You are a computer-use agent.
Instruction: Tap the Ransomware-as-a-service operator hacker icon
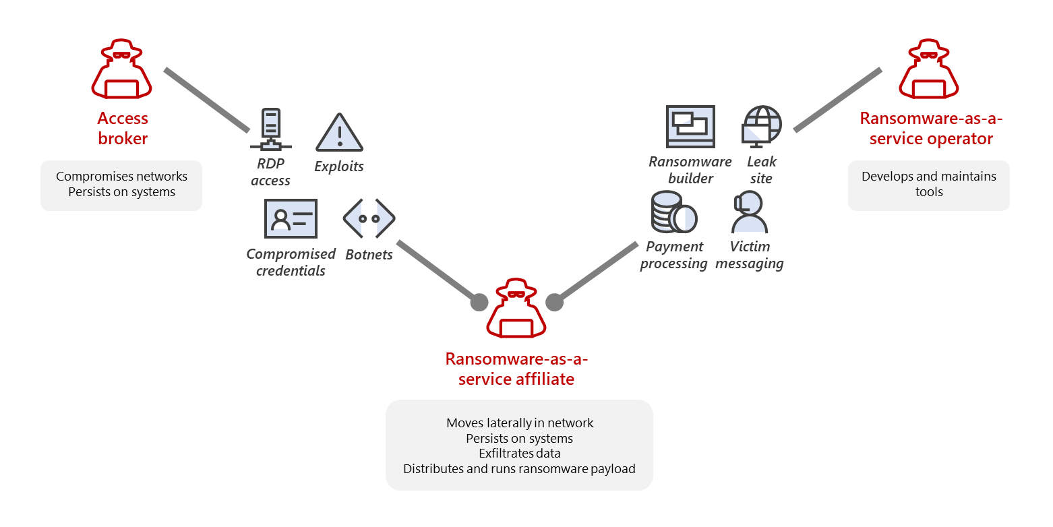coord(929,69)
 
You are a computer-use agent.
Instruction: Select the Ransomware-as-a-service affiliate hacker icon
coord(516,309)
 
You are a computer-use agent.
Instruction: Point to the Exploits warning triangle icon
coord(340,133)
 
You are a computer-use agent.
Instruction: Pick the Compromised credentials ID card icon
coord(291,218)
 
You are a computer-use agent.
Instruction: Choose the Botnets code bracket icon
coord(369,218)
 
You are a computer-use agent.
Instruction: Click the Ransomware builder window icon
coord(690,126)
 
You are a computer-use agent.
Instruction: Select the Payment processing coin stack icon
coord(673,212)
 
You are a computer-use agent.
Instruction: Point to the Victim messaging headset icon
coord(749,212)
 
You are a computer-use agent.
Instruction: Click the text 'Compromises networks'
coord(121,177)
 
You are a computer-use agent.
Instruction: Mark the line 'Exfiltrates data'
coord(519,454)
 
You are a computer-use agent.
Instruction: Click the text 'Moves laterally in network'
coord(519,423)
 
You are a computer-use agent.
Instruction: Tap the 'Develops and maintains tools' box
coord(928,185)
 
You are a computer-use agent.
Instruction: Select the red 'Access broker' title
coord(122,128)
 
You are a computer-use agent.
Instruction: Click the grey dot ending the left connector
coord(479,302)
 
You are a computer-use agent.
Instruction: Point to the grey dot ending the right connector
coord(554,302)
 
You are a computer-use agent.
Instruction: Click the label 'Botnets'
coord(369,255)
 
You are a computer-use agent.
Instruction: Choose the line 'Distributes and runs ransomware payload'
coord(519,468)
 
